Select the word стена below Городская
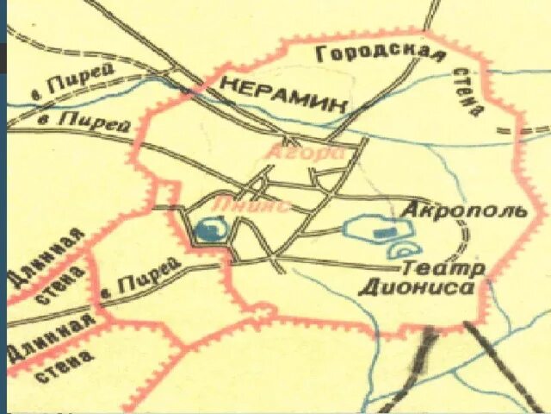point(473,94)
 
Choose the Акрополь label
point(463,212)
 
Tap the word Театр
point(438,268)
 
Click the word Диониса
point(419,288)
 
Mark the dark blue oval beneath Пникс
point(208,230)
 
